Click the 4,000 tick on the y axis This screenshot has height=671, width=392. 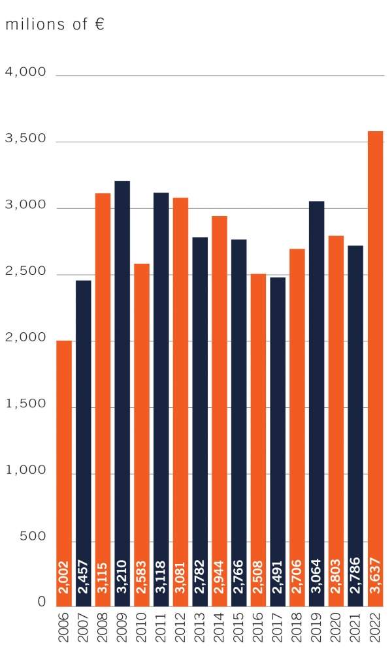click(26, 72)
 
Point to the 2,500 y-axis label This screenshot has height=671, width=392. click(26, 272)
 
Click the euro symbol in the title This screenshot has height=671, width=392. click(99, 24)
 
